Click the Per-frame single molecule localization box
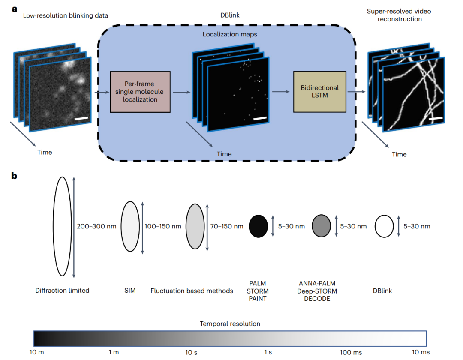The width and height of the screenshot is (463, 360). coord(140,92)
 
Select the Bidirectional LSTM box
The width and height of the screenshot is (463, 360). coord(319,91)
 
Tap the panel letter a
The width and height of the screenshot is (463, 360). coord(15,8)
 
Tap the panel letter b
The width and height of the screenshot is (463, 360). coord(15,175)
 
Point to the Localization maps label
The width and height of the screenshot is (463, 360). coord(230,34)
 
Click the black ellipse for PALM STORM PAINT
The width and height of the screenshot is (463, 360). coord(259,226)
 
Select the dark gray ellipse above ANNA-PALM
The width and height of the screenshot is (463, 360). coord(321,226)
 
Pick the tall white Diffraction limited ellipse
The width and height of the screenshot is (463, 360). coord(62,226)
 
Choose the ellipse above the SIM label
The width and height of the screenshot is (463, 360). coord(131,226)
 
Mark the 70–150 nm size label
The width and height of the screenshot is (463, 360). coord(226,226)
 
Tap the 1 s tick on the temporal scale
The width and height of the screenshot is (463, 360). coord(268,352)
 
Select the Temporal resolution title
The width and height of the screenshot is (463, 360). coord(230,324)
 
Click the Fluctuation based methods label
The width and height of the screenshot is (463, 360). coord(192,291)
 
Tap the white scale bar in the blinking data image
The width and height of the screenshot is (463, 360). coord(81,117)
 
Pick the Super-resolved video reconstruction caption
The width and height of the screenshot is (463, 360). coord(399,15)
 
